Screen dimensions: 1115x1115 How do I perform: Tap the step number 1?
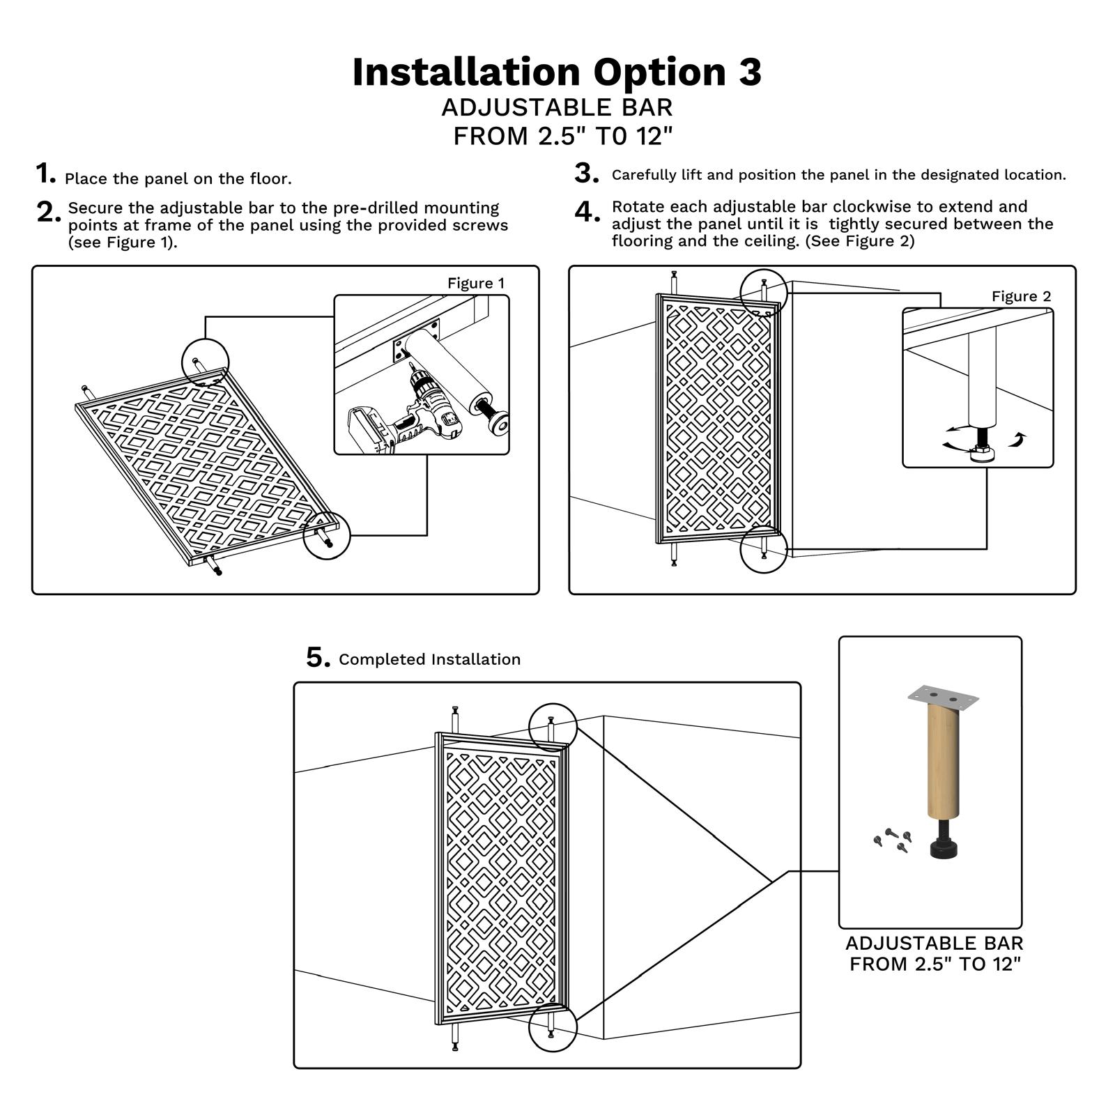pos(45,174)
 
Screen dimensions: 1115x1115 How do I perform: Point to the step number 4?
pos(587,212)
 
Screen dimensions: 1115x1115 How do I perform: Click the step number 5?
pos(317,657)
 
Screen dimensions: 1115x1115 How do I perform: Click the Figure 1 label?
pos(475,283)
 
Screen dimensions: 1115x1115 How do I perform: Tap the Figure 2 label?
pos(1021,296)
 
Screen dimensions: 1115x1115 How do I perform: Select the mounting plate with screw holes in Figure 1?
pos(417,339)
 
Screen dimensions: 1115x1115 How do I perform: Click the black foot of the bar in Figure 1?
pos(498,421)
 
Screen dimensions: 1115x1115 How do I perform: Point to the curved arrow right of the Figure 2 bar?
pos(1019,439)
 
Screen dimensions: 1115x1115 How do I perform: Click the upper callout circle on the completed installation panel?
pos(553,727)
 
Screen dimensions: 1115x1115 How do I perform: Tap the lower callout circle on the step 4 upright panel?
pos(764,549)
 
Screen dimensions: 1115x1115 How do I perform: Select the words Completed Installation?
pos(429,659)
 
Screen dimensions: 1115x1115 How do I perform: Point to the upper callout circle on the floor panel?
pos(205,361)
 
